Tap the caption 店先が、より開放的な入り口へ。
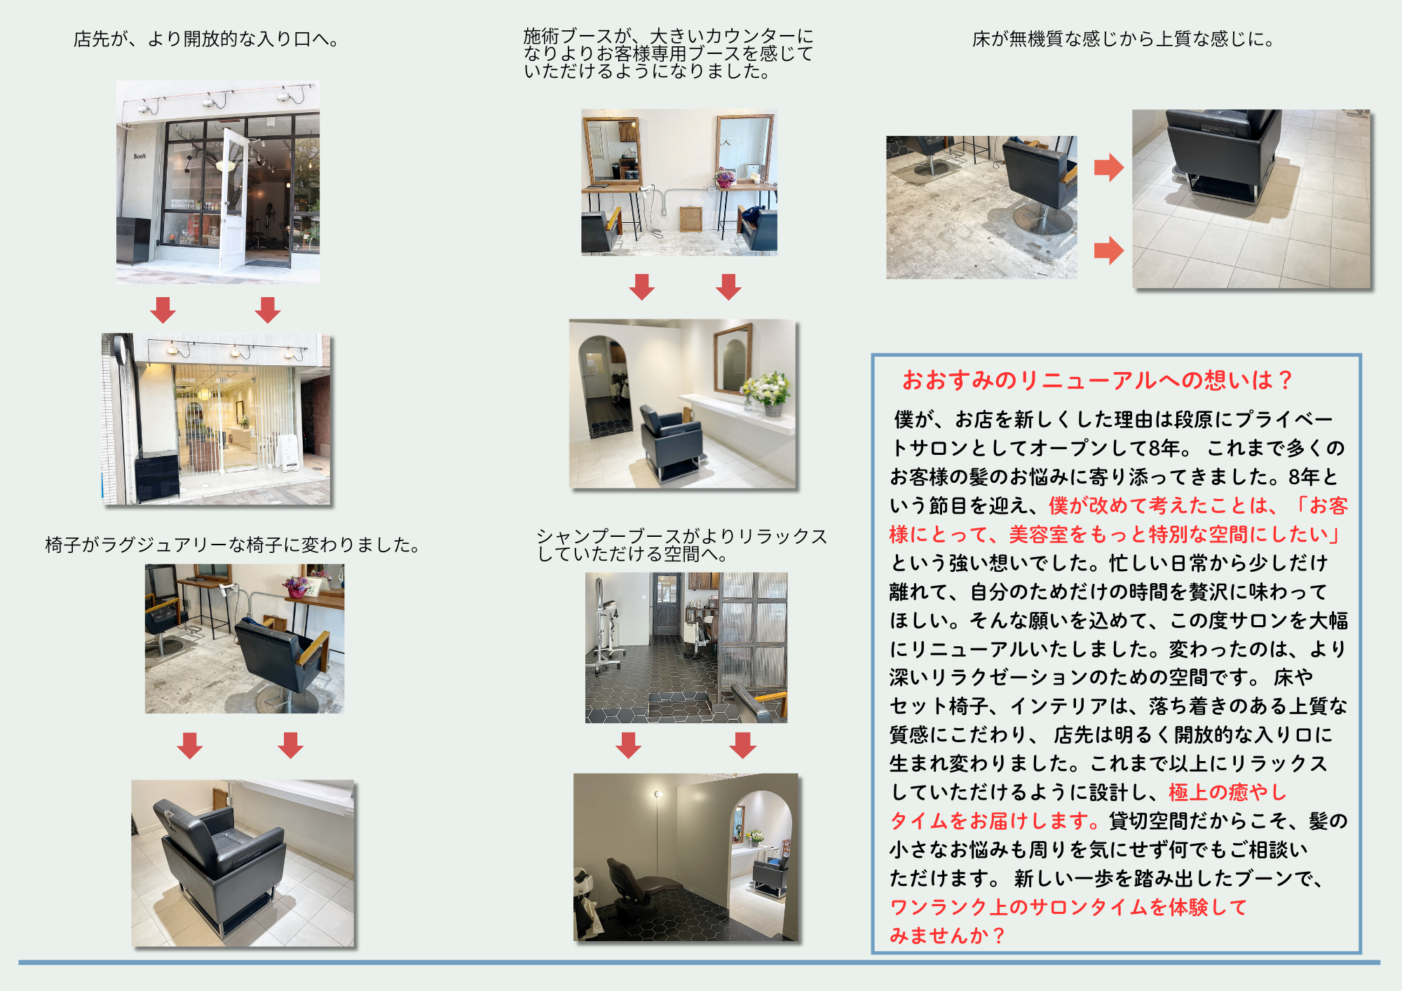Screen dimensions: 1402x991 pos(206,39)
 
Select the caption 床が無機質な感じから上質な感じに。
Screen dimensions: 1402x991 pos(1123,39)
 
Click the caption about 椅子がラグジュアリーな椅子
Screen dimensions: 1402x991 pos(233,545)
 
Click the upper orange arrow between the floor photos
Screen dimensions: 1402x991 pos(1108,167)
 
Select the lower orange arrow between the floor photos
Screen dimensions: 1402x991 pos(1108,250)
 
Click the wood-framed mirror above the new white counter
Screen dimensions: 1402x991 pos(733,359)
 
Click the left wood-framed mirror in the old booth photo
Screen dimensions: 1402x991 pos(612,151)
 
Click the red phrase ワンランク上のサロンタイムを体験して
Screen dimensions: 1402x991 pos(1069,907)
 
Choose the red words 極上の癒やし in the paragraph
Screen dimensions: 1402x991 pos(1227,792)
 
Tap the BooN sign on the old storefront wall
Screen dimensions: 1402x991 pos(139,156)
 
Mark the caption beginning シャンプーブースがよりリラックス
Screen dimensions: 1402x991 pos(682,545)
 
